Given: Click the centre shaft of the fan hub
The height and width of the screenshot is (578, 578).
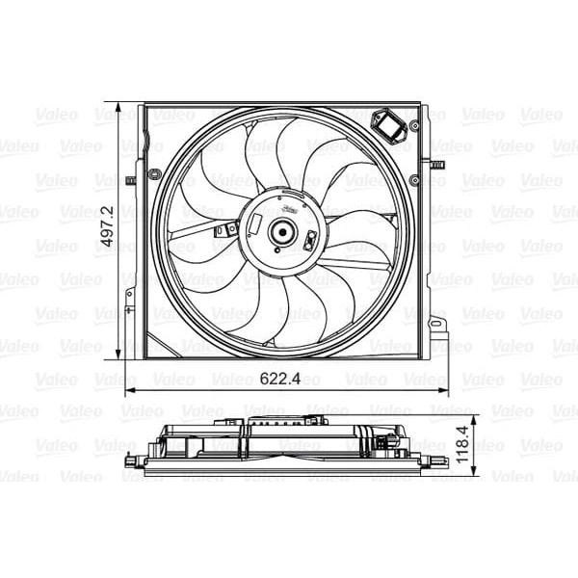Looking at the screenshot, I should tap(282, 231).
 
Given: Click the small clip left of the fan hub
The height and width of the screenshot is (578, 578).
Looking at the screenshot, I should tap(226, 230).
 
